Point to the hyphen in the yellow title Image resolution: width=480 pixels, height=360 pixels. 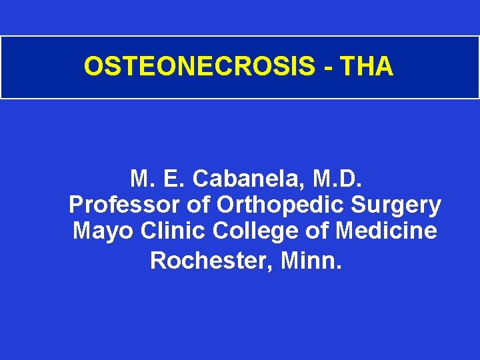point(327,67)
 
